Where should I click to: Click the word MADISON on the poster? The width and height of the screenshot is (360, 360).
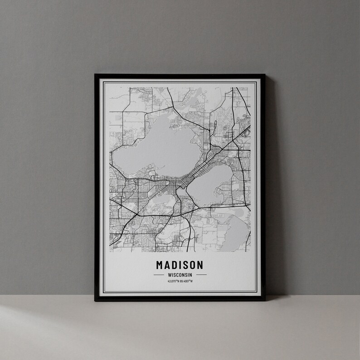(x=180, y=264)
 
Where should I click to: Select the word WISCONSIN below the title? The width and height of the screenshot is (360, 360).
(x=180, y=275)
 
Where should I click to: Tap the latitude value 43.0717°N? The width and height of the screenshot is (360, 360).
(x=174, y=282)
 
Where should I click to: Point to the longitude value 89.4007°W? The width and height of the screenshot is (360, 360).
(x=186, y=282)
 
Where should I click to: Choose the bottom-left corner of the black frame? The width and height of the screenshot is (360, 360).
(x=95, y=300)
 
